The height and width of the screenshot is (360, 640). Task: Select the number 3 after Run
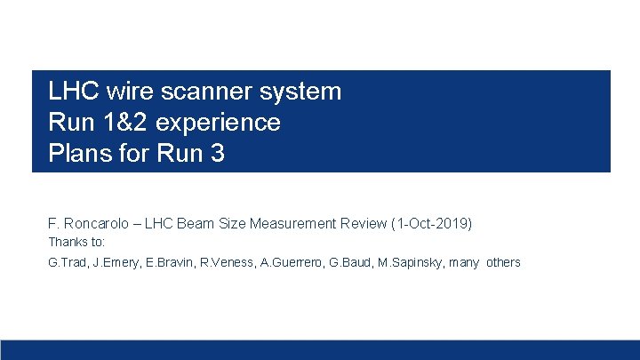coord(217,153)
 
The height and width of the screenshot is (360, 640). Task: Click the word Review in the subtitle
coord(363,223)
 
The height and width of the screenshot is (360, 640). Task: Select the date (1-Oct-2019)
coord(431,223)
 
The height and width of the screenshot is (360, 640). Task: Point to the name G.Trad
coord(68,262)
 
